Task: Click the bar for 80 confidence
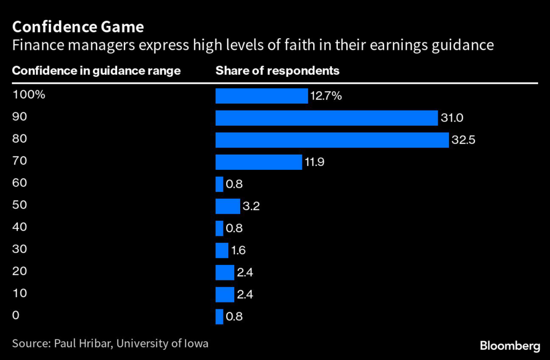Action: (332, 140)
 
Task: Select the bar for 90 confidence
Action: (327, 118)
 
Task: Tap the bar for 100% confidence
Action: (261, 96)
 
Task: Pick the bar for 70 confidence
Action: (258, 162)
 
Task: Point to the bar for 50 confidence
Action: (228, 206)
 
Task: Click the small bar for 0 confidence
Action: (219, 316)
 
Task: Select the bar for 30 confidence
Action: (222, 250)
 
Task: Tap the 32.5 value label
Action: (464, 140)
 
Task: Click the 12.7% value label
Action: (325, 96)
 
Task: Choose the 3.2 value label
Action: (251, 206)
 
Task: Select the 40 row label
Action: (19, 227)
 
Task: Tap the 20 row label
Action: (19, 271)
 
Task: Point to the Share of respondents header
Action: (277, 70)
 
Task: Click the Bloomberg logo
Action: (510, 344)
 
